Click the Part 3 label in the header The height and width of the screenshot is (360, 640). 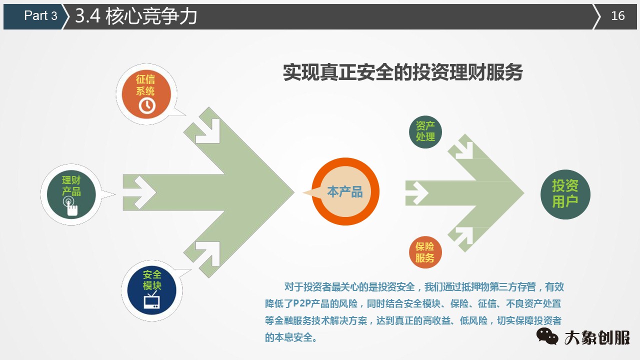coord(40,16)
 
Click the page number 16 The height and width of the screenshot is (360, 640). coord(618,16)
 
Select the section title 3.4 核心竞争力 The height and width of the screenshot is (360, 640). coord(136,16)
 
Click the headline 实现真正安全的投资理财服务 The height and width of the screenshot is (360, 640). coord(402,73)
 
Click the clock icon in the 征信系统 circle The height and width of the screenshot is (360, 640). coord(146,105)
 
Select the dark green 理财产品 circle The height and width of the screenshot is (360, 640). coord(71,194)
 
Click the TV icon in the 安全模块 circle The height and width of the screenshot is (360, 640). coord(152,301)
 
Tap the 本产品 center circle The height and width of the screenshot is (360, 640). coord(345,191)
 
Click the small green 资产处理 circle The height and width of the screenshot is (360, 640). coord(425,132)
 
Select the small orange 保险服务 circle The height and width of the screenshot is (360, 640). coord(425,252)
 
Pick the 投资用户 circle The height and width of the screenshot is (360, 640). coord(565,194)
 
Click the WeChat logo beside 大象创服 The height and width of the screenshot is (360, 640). coord(547,336)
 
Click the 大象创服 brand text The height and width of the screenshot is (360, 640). coord(597,337)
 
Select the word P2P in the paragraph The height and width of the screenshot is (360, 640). coord(302,303)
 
